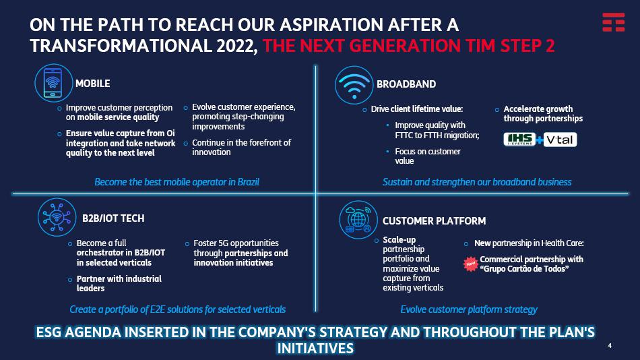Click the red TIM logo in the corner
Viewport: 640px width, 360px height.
[614, 22]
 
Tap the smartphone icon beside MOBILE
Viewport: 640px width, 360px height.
[53, 83]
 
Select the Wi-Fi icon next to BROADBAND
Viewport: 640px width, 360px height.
[354, 85]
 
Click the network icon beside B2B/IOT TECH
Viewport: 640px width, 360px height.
[57, 217]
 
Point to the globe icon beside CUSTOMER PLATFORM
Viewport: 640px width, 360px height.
[358, 220]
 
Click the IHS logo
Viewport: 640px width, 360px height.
[519, 140]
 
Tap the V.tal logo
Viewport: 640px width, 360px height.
[560, 140]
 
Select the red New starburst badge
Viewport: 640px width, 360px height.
[471, 264]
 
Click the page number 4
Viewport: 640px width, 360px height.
[610, 346]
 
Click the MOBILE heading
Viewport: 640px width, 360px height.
[93, 84]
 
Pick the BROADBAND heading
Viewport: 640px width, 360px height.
[406, 84]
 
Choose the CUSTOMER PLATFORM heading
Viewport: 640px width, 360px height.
[435, 221]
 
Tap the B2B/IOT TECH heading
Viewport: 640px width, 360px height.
[113, 218]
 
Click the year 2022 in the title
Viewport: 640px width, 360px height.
[235, 45]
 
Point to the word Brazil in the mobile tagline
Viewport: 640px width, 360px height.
[248, 182]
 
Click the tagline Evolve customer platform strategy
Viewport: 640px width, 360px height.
[469, 309]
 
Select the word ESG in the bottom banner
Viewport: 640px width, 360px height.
[49, 332]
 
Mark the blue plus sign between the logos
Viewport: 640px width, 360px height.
[540, 140]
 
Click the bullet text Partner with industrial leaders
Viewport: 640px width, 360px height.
[119, 284]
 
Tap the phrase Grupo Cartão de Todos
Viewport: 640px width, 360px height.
[524, 269]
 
